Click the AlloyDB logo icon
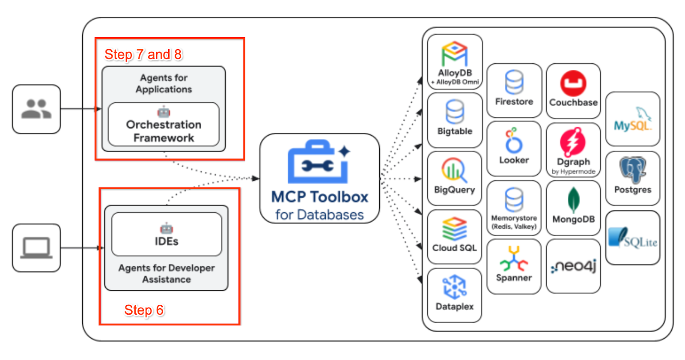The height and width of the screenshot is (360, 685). point(455,54)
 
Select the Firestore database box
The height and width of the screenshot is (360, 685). point(514,90)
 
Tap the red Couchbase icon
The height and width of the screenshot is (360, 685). point(573,83)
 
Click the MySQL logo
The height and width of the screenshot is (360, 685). point(633,119)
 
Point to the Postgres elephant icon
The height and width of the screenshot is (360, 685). point(633,170)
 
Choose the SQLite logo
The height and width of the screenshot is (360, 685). point(633,238)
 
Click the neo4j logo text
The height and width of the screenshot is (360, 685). point(573,266)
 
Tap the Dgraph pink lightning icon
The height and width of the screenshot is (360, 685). point(573,142)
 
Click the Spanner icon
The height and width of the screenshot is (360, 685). point(514,258)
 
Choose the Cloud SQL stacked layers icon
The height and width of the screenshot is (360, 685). point(454,229)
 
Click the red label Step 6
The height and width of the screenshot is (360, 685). point(144,310)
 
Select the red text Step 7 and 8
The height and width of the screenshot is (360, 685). point(143,54)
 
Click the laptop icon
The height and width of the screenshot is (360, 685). point(36,248)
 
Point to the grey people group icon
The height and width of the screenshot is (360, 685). point(36,109)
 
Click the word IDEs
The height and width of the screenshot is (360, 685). point(167,241)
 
